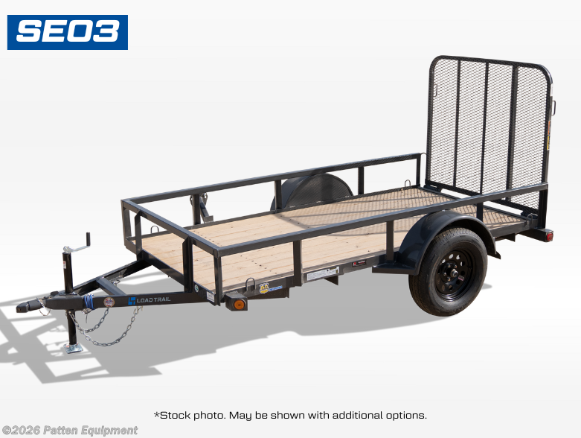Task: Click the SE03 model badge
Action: [68, 32]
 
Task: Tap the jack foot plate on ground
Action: [74, 348]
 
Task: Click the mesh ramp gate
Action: [487, 127]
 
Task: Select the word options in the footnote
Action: [405, 415]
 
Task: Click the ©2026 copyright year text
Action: [20, 431]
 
